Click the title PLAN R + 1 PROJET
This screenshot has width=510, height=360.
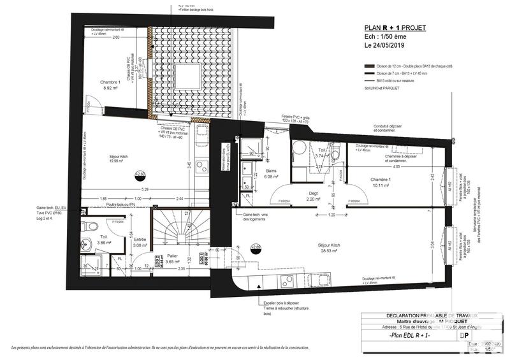click(394, 28)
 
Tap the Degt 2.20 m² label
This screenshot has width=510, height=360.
click(314, 196)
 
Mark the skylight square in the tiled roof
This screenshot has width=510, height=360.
click(187, 77)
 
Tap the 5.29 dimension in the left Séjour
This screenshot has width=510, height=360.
click(145, 189)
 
